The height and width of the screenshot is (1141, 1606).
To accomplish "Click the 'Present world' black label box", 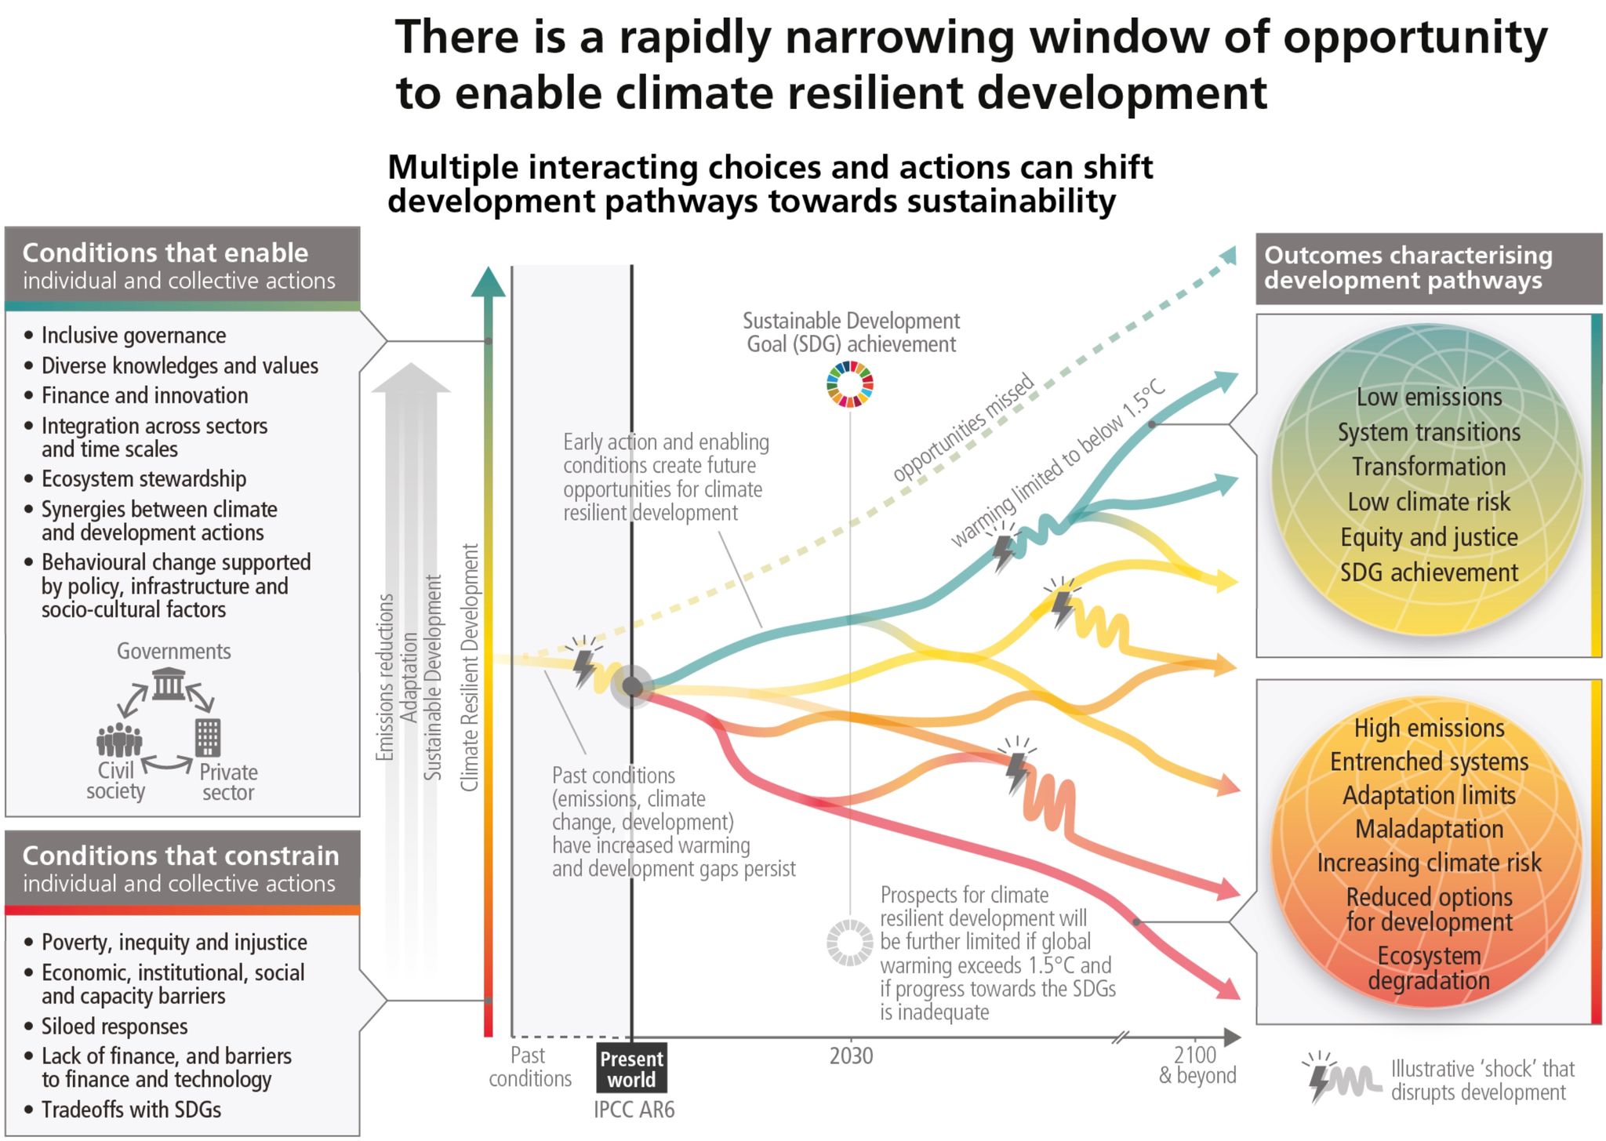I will (x=631, y=1069).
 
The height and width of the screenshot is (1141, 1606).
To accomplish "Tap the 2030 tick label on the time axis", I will (x=851, y=1056).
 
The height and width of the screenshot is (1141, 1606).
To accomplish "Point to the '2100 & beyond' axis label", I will (x=1197, y=1065).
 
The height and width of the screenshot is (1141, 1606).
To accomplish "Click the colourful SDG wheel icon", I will (x=850, y=384).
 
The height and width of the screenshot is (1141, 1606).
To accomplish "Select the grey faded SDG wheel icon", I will (x=850, y=942).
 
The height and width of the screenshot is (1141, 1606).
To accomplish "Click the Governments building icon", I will (x=169, y=685).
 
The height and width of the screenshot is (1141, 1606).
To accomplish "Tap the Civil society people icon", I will (x=119, y=739).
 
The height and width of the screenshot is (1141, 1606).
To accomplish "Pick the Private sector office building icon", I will (x=208, y=737).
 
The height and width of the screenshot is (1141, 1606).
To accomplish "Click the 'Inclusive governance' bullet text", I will (x=133, y=336).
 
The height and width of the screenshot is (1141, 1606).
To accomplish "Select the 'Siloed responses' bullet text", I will (x=114, y=1027).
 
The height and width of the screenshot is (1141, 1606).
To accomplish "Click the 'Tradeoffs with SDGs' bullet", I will (x=131, y=1110).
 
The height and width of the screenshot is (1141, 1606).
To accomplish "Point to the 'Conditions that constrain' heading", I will (x=180, y=856).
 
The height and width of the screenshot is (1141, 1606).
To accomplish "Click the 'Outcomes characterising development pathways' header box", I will (x=1428, y=268).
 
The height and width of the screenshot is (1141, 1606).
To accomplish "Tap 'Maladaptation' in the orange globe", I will (x=1429, y=829).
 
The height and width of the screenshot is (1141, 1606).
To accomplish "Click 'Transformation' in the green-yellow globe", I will (x=1429, y=467).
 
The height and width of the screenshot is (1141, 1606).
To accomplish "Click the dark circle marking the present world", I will (x=632, y=687).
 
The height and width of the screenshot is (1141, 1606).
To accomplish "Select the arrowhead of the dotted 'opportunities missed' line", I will (x=1228, y=256).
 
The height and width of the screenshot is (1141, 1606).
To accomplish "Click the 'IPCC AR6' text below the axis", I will (x=634, y=1110).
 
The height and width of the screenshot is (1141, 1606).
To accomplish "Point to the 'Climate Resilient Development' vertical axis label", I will (x=469, y=667).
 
